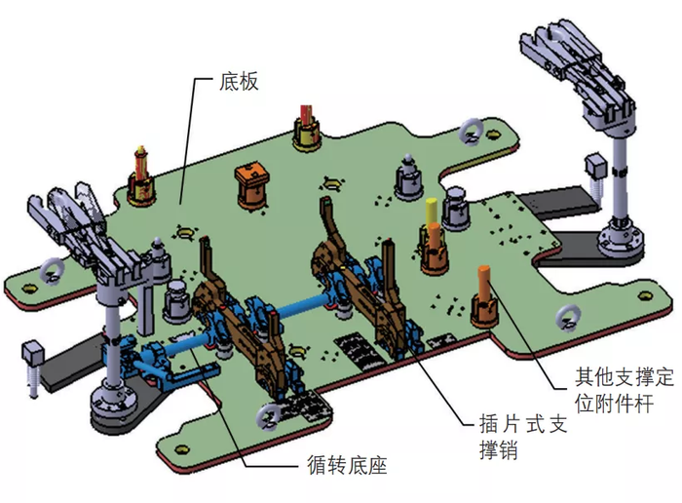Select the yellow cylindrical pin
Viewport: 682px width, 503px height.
click(431, 211)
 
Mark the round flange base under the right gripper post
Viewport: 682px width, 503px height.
click(618, 239)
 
